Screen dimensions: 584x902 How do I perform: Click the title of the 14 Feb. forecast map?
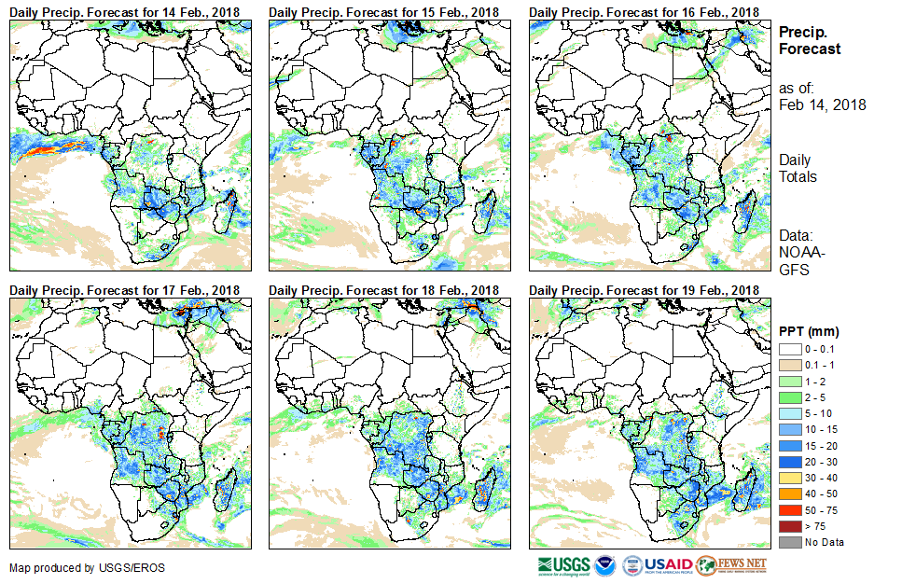(125, 11)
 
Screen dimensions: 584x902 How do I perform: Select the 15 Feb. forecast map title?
(384, 11)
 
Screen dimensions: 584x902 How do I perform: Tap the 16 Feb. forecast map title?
(644, 11)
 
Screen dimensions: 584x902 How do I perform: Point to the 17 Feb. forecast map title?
(125, 290)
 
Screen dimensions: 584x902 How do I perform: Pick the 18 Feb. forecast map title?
(384, 290)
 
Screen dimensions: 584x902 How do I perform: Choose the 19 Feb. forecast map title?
(644, 290)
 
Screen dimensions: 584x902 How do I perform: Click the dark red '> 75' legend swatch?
(789, 526)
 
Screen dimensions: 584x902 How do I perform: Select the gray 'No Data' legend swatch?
(789, 542)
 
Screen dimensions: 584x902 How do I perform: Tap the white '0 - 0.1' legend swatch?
(789, 349)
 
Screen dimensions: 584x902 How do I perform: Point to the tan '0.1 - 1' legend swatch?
(789, 365)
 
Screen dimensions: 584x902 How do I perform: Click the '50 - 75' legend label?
(821, 510)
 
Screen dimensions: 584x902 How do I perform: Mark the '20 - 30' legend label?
(821, 462)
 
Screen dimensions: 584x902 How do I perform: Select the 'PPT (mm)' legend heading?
(809, 332)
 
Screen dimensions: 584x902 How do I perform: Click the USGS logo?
(563, 565)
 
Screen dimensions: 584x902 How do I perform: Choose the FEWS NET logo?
(733, 565)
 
